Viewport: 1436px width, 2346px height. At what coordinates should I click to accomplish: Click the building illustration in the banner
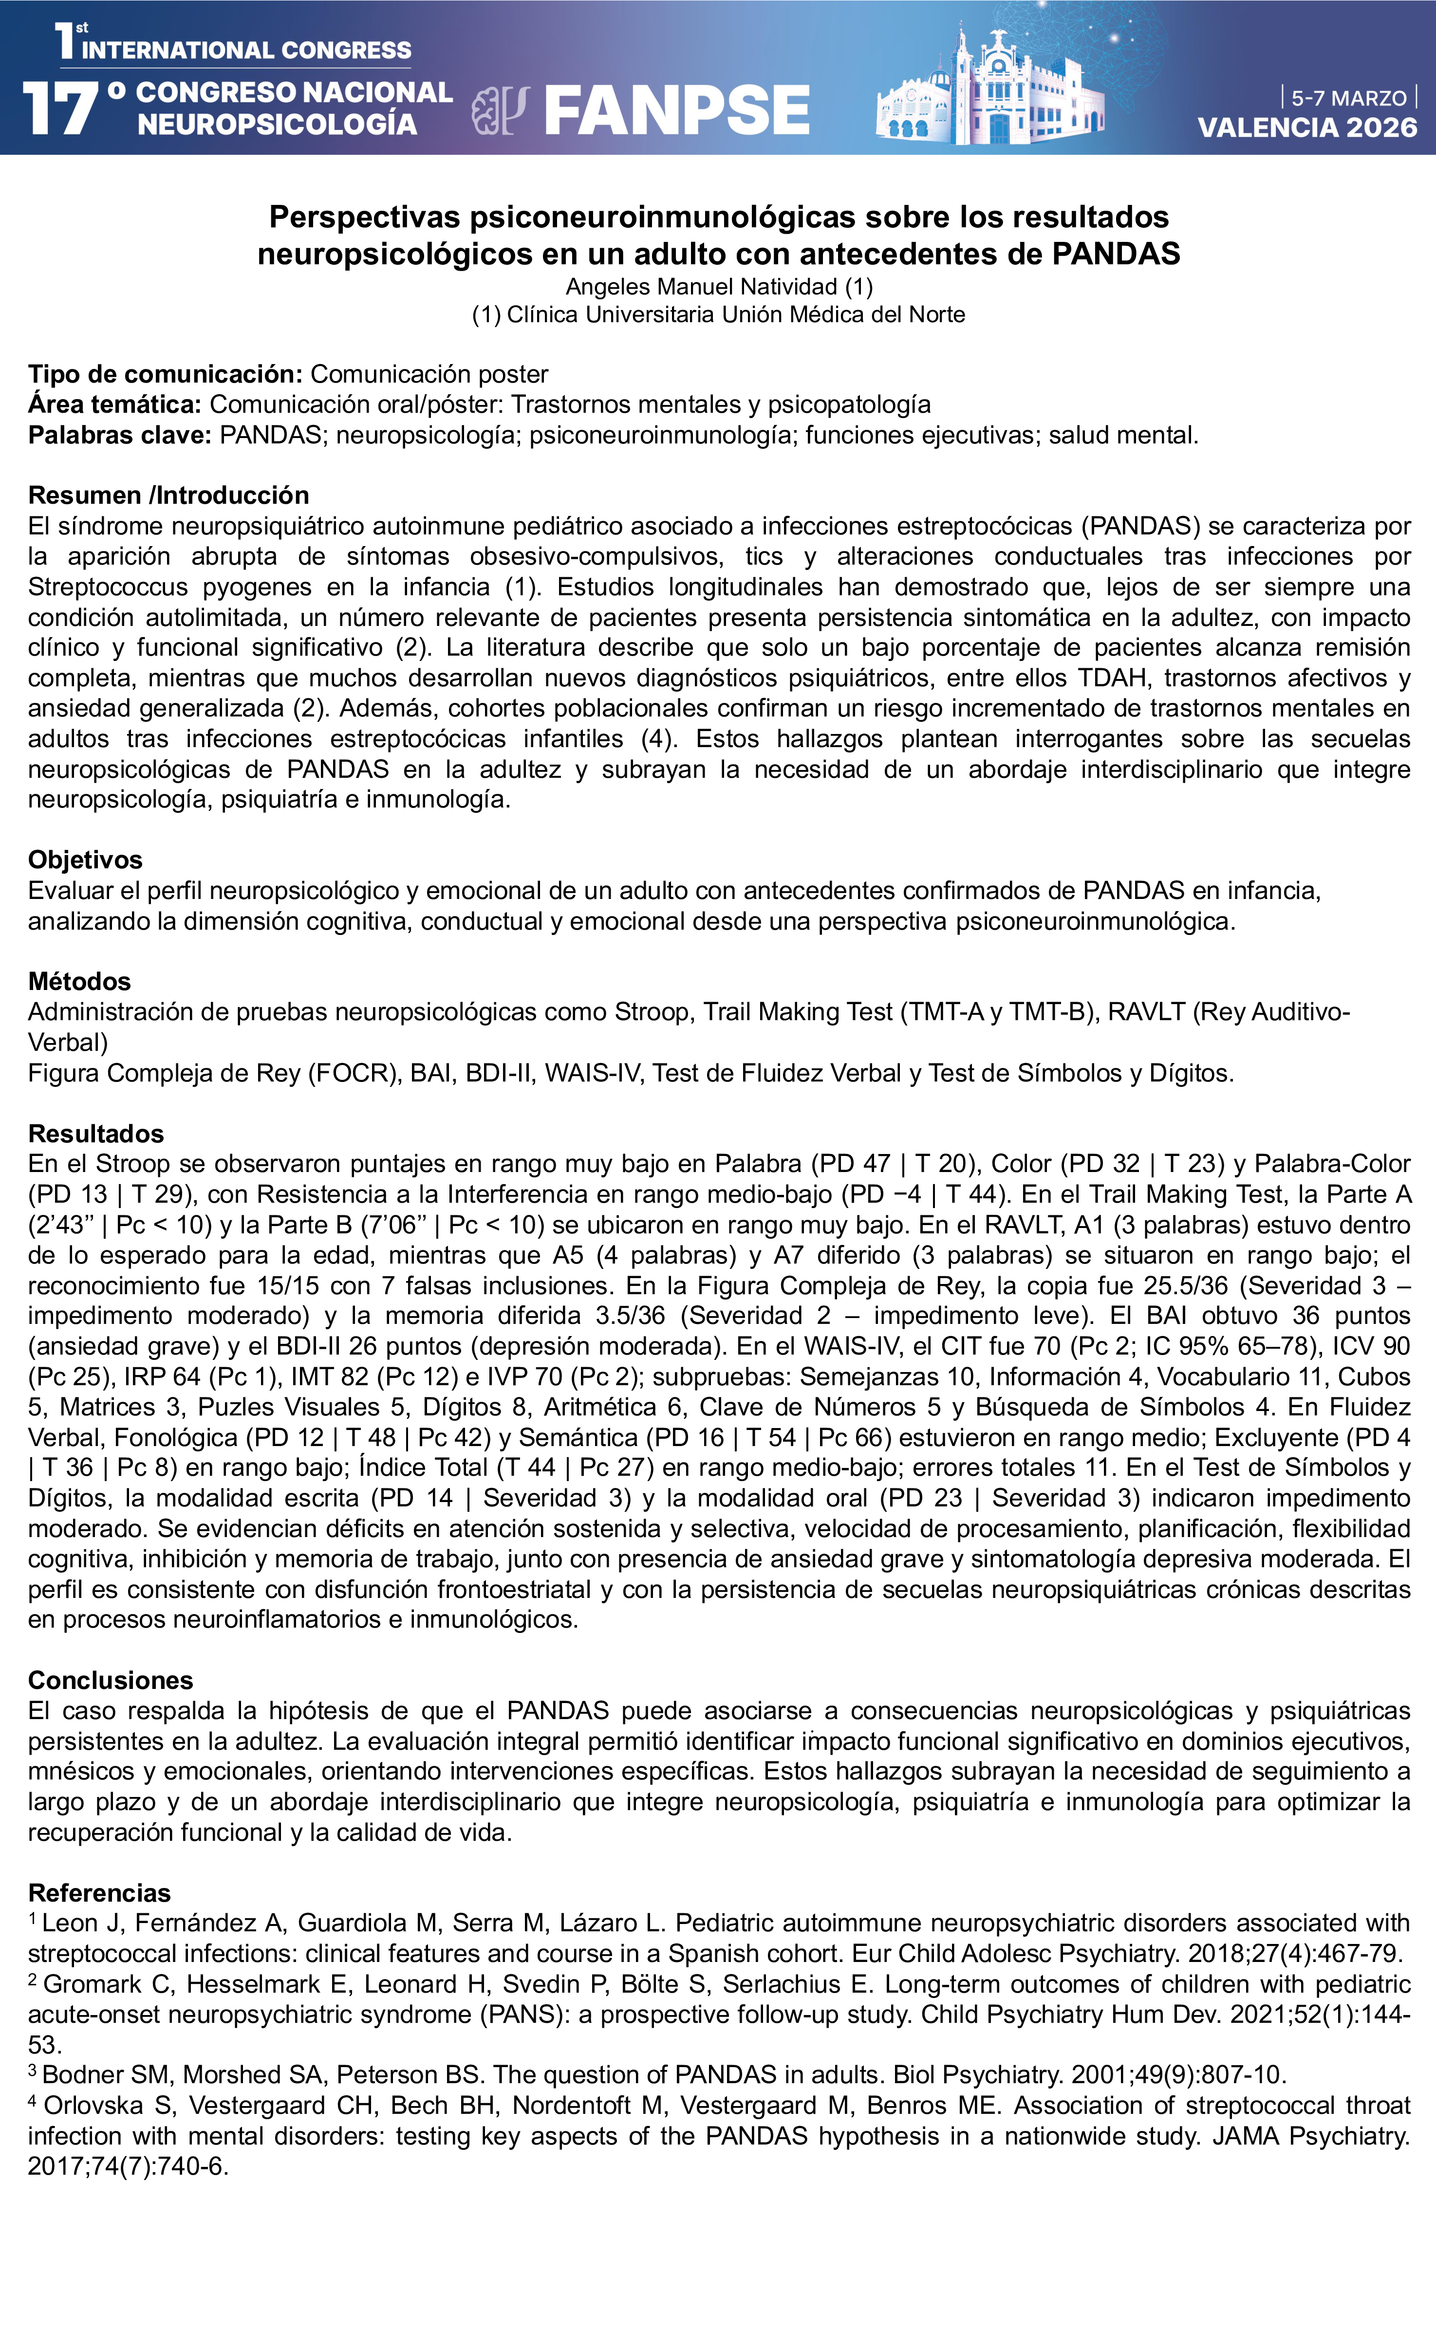(x=990, y=91)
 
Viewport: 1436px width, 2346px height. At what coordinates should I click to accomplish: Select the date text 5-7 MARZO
(x=1348, y=98)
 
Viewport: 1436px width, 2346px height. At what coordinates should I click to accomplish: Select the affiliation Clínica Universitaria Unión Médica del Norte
(x=735, y=315)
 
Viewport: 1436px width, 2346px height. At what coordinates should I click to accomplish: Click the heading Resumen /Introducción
(x=168, y=495)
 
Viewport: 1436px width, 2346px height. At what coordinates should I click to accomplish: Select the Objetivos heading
(x=85, y=860)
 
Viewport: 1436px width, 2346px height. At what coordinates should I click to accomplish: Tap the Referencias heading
(x=99, y=1892)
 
